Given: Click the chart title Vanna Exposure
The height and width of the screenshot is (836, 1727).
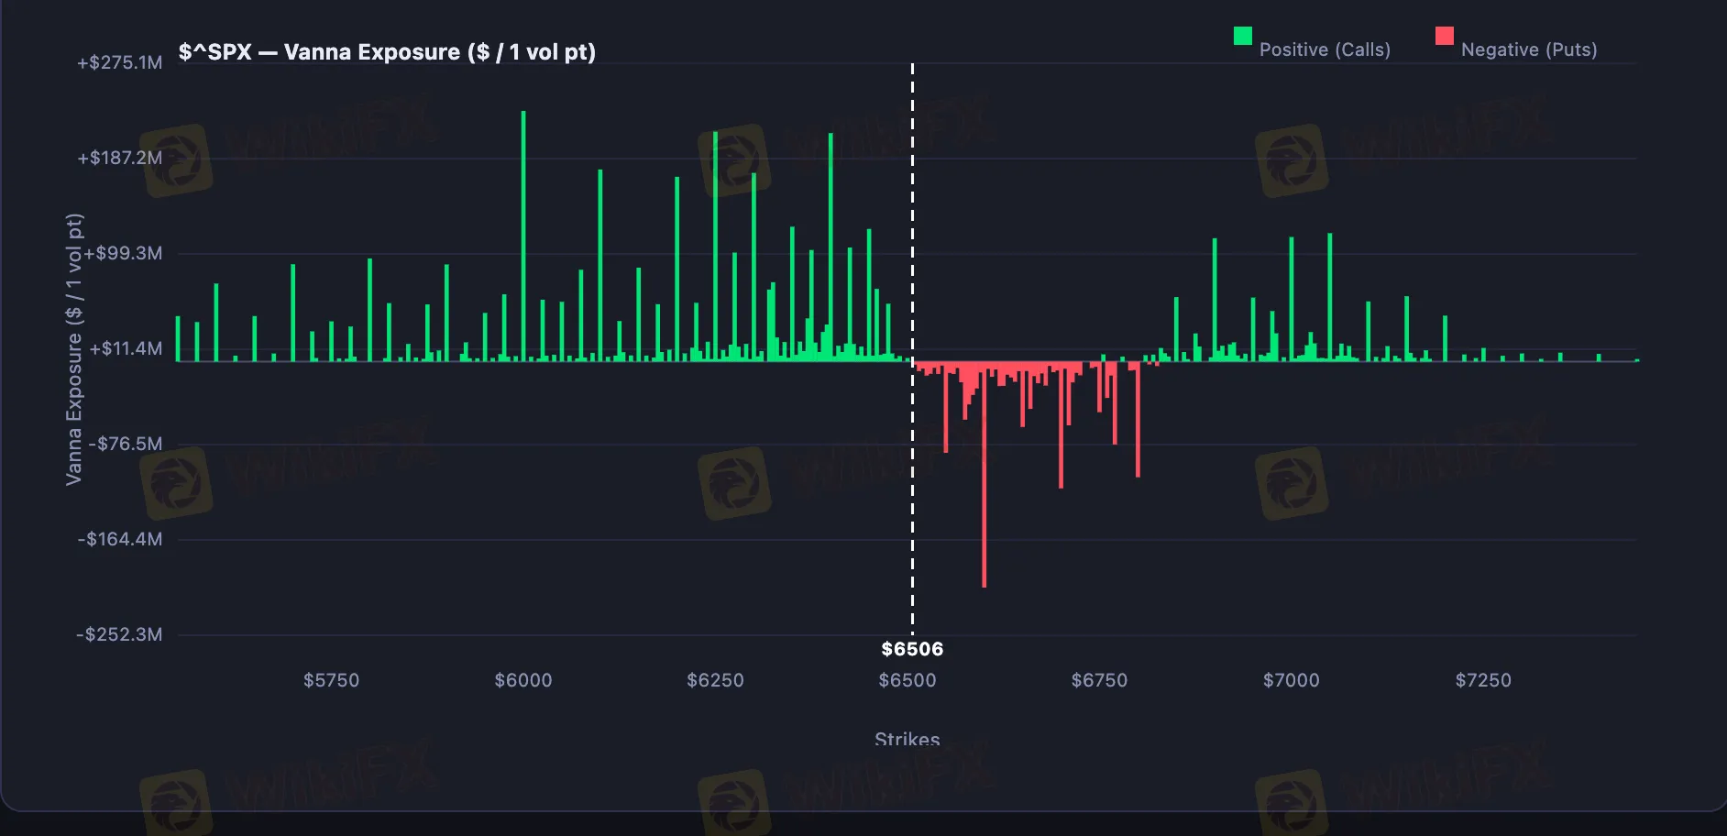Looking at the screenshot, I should point(387,52).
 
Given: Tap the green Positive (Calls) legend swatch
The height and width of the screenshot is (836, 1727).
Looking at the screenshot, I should point(1242,36).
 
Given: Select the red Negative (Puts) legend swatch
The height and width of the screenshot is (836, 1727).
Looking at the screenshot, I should point(1444,36).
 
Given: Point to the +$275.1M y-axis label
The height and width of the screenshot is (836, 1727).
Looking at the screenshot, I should point(120,63).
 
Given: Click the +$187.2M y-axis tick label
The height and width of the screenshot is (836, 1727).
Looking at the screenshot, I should point(120,159).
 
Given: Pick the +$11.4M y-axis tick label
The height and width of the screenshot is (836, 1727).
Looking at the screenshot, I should point(126,349).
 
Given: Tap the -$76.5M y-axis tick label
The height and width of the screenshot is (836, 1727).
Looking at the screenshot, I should point(126,445).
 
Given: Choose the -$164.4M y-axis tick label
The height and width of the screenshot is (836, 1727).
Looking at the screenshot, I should point(120,540).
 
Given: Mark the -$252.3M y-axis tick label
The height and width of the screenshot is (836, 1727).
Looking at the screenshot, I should point(120,635).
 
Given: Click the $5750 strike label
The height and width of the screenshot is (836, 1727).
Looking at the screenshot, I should point(331,681).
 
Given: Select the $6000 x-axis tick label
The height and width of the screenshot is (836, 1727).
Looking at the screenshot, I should point(523,681).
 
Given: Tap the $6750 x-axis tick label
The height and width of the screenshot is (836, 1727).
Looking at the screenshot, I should point(1099,681).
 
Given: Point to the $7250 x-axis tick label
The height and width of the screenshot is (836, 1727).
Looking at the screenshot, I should point(1483,681).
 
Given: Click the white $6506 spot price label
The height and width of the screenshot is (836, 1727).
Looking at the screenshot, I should point(912,650).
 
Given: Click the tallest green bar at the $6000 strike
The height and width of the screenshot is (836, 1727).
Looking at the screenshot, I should point(523,229).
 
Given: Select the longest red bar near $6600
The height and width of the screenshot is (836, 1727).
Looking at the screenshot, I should point(984,477).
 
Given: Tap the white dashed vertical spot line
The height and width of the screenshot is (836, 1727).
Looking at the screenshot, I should point(912,229).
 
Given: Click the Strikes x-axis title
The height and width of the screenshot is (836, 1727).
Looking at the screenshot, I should point(907,739).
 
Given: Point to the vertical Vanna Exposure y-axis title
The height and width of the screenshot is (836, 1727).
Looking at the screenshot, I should point(74,349).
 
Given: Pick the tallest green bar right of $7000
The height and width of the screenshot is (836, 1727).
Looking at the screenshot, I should point(1329,293).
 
